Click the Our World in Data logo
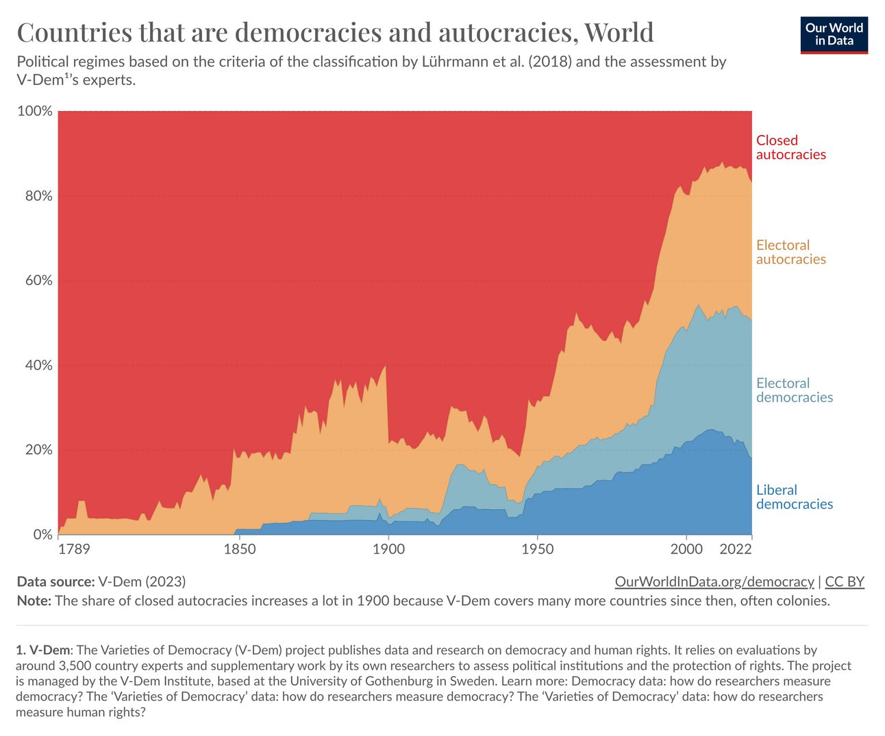pyautogui.click(x=834, y=35)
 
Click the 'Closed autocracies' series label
pyautogui.click(x=790, y=147)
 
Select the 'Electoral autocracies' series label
pyautogui.click(x=790, y=252)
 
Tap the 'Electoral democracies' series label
pyautogui.click(x=794, y=390)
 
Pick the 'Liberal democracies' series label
pyautogui.click(x=794, y=497)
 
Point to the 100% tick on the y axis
pyautogui.click(x=34, y=111)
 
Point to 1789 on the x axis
pyautogui.click(x=74, y=549)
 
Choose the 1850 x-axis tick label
pyautogui.click(x=239, y=549)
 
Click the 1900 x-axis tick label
pyautogui.click(x=388, y=549)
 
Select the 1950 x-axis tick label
pyautogui.click(x=538, y=549)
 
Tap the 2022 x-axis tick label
pyautogui.click(x=736, y=549)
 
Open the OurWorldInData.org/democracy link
pyautogui.click(x=714, y=582)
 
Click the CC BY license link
pyautogui.click(x=845, y=582)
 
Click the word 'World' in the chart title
pyautogui.click(x=619, y=32)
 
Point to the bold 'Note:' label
pyautogui.click(x=34, y=601)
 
